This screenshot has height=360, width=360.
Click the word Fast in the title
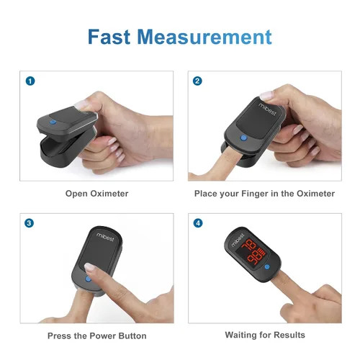pos(109,37)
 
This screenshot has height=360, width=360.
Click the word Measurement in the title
pos(204,37)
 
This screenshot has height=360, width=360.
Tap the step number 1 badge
pos(30,81)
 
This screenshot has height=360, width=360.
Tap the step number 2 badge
pos(197,81)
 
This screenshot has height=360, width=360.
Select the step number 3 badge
pos(29,223)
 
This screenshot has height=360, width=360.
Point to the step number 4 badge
pos(198,223)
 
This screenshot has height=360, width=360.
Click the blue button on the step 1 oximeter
pos(53,122)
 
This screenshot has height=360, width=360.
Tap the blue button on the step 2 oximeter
pos(243,138)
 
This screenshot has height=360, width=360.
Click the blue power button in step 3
pos(89,279)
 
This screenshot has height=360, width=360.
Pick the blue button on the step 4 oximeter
pos(267,266)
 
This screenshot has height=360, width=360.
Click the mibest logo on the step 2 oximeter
pos(267,109)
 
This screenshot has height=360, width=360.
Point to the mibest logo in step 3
pos(105,237)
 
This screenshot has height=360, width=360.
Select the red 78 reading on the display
pos(249,246)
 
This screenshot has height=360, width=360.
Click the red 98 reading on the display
pos(256,257)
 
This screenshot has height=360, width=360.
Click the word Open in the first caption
pos(76,194)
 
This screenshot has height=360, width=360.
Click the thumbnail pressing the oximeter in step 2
pos(266,95)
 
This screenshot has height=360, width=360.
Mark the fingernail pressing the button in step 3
pos(89,266)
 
